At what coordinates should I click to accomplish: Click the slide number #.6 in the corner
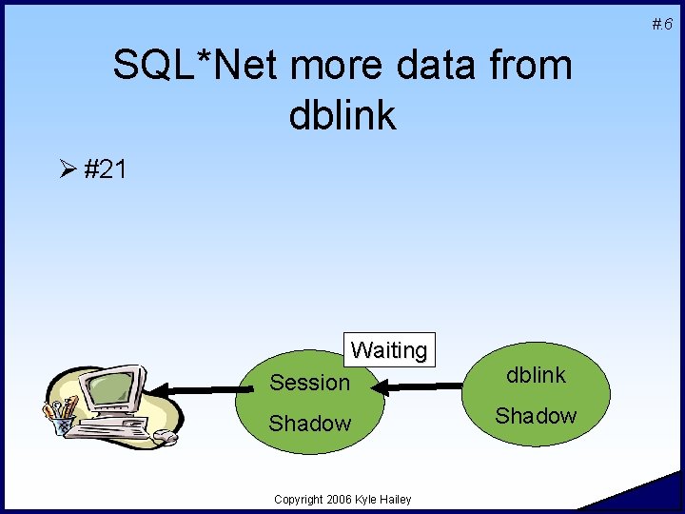pos(662,24)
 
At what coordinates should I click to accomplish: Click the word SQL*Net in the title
pos(195,66)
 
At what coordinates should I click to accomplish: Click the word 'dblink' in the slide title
pos(342,115)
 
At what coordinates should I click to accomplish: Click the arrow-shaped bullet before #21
pos(67,169)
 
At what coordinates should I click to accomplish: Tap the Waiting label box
pos(389,349)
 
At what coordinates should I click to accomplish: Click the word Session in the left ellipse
pos(310,383)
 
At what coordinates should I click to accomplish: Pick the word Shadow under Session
pos(310,424)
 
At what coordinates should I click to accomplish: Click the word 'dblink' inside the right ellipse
pos(536,375)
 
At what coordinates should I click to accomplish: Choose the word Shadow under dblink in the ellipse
pos(536,416)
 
